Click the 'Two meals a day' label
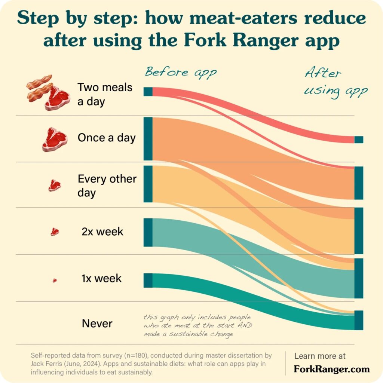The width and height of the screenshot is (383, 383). pyautogui.click(x=105, y=94)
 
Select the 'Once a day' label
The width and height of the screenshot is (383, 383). pyautogui.click(x=107, y=138)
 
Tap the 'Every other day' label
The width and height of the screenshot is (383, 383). pyautogui.click(x=107, y=186)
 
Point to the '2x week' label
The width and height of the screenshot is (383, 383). pyautogui.click(x=102, y=232)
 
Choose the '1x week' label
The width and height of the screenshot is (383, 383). pyautogui.click(x=101, y=279)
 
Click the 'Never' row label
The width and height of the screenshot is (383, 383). pyautogui.click(x=97, y=323)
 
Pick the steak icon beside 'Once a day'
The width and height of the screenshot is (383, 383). pyautogui.click(x=55, y=139)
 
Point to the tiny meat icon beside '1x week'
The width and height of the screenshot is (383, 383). pyautogui.click(x=55, y=280)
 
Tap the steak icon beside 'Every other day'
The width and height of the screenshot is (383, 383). pyautogui.click(x=55, y=185)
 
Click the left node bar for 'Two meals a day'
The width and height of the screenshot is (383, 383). pyautogui.click(x=148, y=92)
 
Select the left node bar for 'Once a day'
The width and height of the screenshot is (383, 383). pyautogui.click(x=148, y=139)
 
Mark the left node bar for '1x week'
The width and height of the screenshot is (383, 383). pyautogui.click(x=148, y=280)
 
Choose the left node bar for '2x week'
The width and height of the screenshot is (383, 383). pyautogui.click(x=148, y=232)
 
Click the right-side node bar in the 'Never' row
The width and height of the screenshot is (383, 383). pyautogui.click(x=359, y=320)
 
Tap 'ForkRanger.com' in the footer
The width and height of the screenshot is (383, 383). pyautogui.click(x=332, y=369)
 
